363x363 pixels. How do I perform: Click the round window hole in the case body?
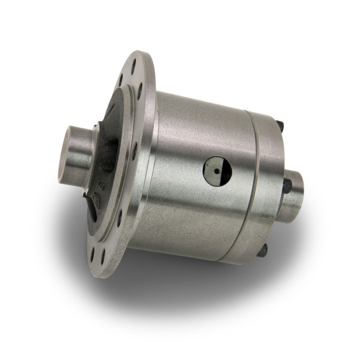tap(217, 171)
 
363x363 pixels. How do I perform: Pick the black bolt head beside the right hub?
tap(287, 185)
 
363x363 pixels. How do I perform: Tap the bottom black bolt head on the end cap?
tap(263, 251)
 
